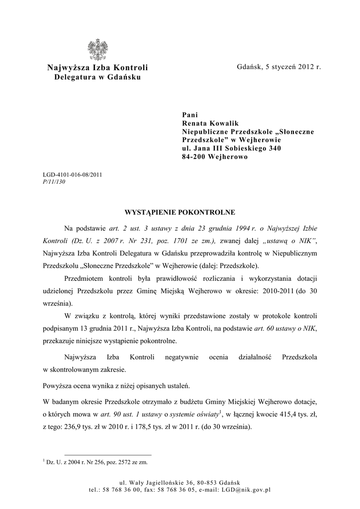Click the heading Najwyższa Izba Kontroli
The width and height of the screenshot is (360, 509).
pos(97,68)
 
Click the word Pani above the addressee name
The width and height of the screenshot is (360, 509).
pos(190,114)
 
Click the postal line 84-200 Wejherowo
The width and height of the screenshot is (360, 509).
pos(215,157)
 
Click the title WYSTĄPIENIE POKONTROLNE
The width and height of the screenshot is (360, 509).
pos(180,212)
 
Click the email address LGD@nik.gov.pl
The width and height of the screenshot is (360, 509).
pos(245,490)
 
